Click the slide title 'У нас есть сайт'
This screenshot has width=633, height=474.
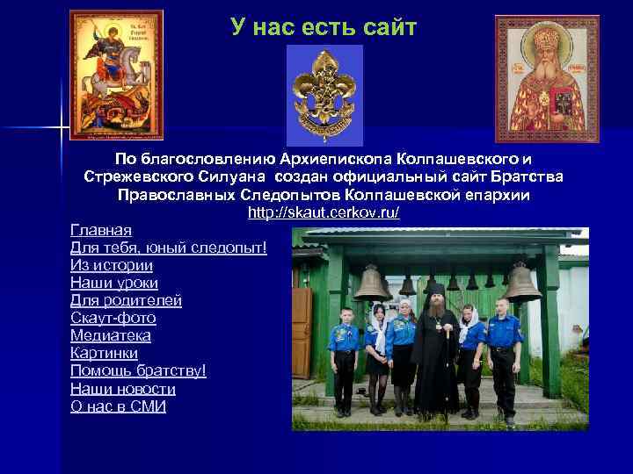click(324, 28)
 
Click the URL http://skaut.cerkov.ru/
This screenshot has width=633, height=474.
click(324, 212)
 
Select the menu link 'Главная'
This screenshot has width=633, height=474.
click(101, 230)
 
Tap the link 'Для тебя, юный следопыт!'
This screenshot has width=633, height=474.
click(168, 248)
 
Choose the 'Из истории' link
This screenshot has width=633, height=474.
click(112, 265)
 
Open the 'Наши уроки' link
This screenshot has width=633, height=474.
click(114, 283)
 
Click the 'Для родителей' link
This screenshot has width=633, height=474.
click(126, 300)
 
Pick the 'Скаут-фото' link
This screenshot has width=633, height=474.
click(113, 318)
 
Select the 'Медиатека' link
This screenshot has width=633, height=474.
click(111, 335)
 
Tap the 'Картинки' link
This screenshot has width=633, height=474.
click(104, 353)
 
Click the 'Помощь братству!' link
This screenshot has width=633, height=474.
click(138, 370)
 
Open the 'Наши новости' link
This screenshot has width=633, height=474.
click(123, 389)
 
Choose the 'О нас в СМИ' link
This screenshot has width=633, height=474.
click(118, 406)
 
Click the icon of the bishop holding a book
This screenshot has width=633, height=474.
click(546, 79)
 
